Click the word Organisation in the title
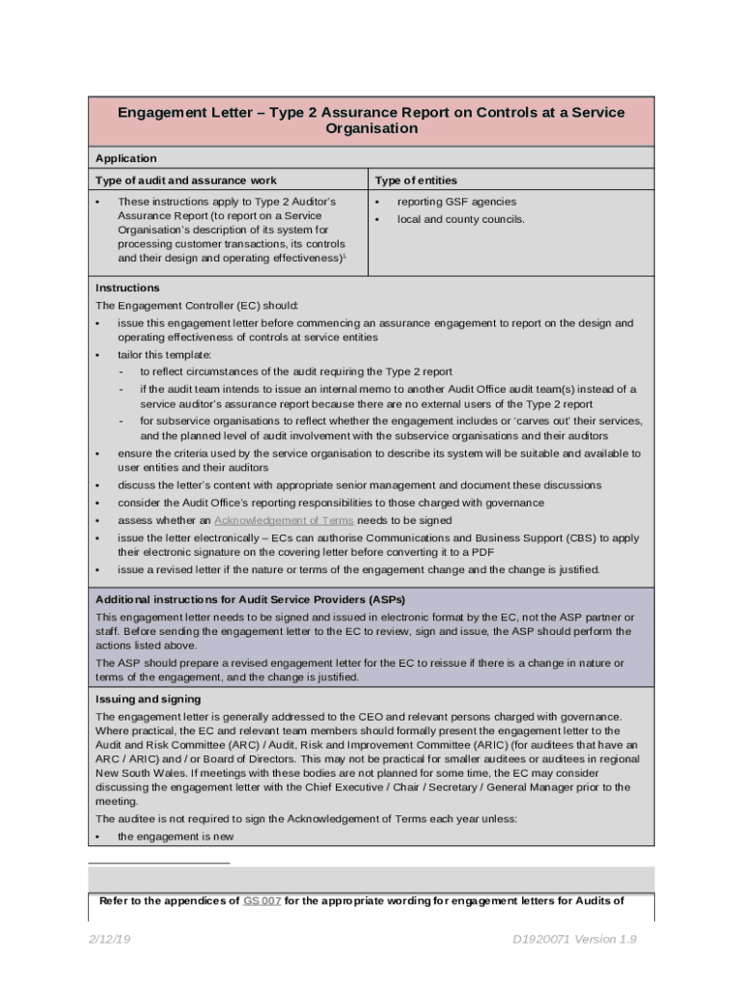tap(371, 128)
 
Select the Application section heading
tap(126, 158)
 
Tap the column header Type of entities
tap(416, 180)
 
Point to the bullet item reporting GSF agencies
tap(456, 202)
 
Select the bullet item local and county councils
tap(461, 219)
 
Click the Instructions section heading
tap(127, 288)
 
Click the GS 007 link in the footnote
tap(261, 901)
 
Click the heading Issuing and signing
tap(148, 699)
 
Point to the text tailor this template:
tap(157, 354)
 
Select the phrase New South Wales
tap(138, 773)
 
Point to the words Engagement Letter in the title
tap(187, 112)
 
